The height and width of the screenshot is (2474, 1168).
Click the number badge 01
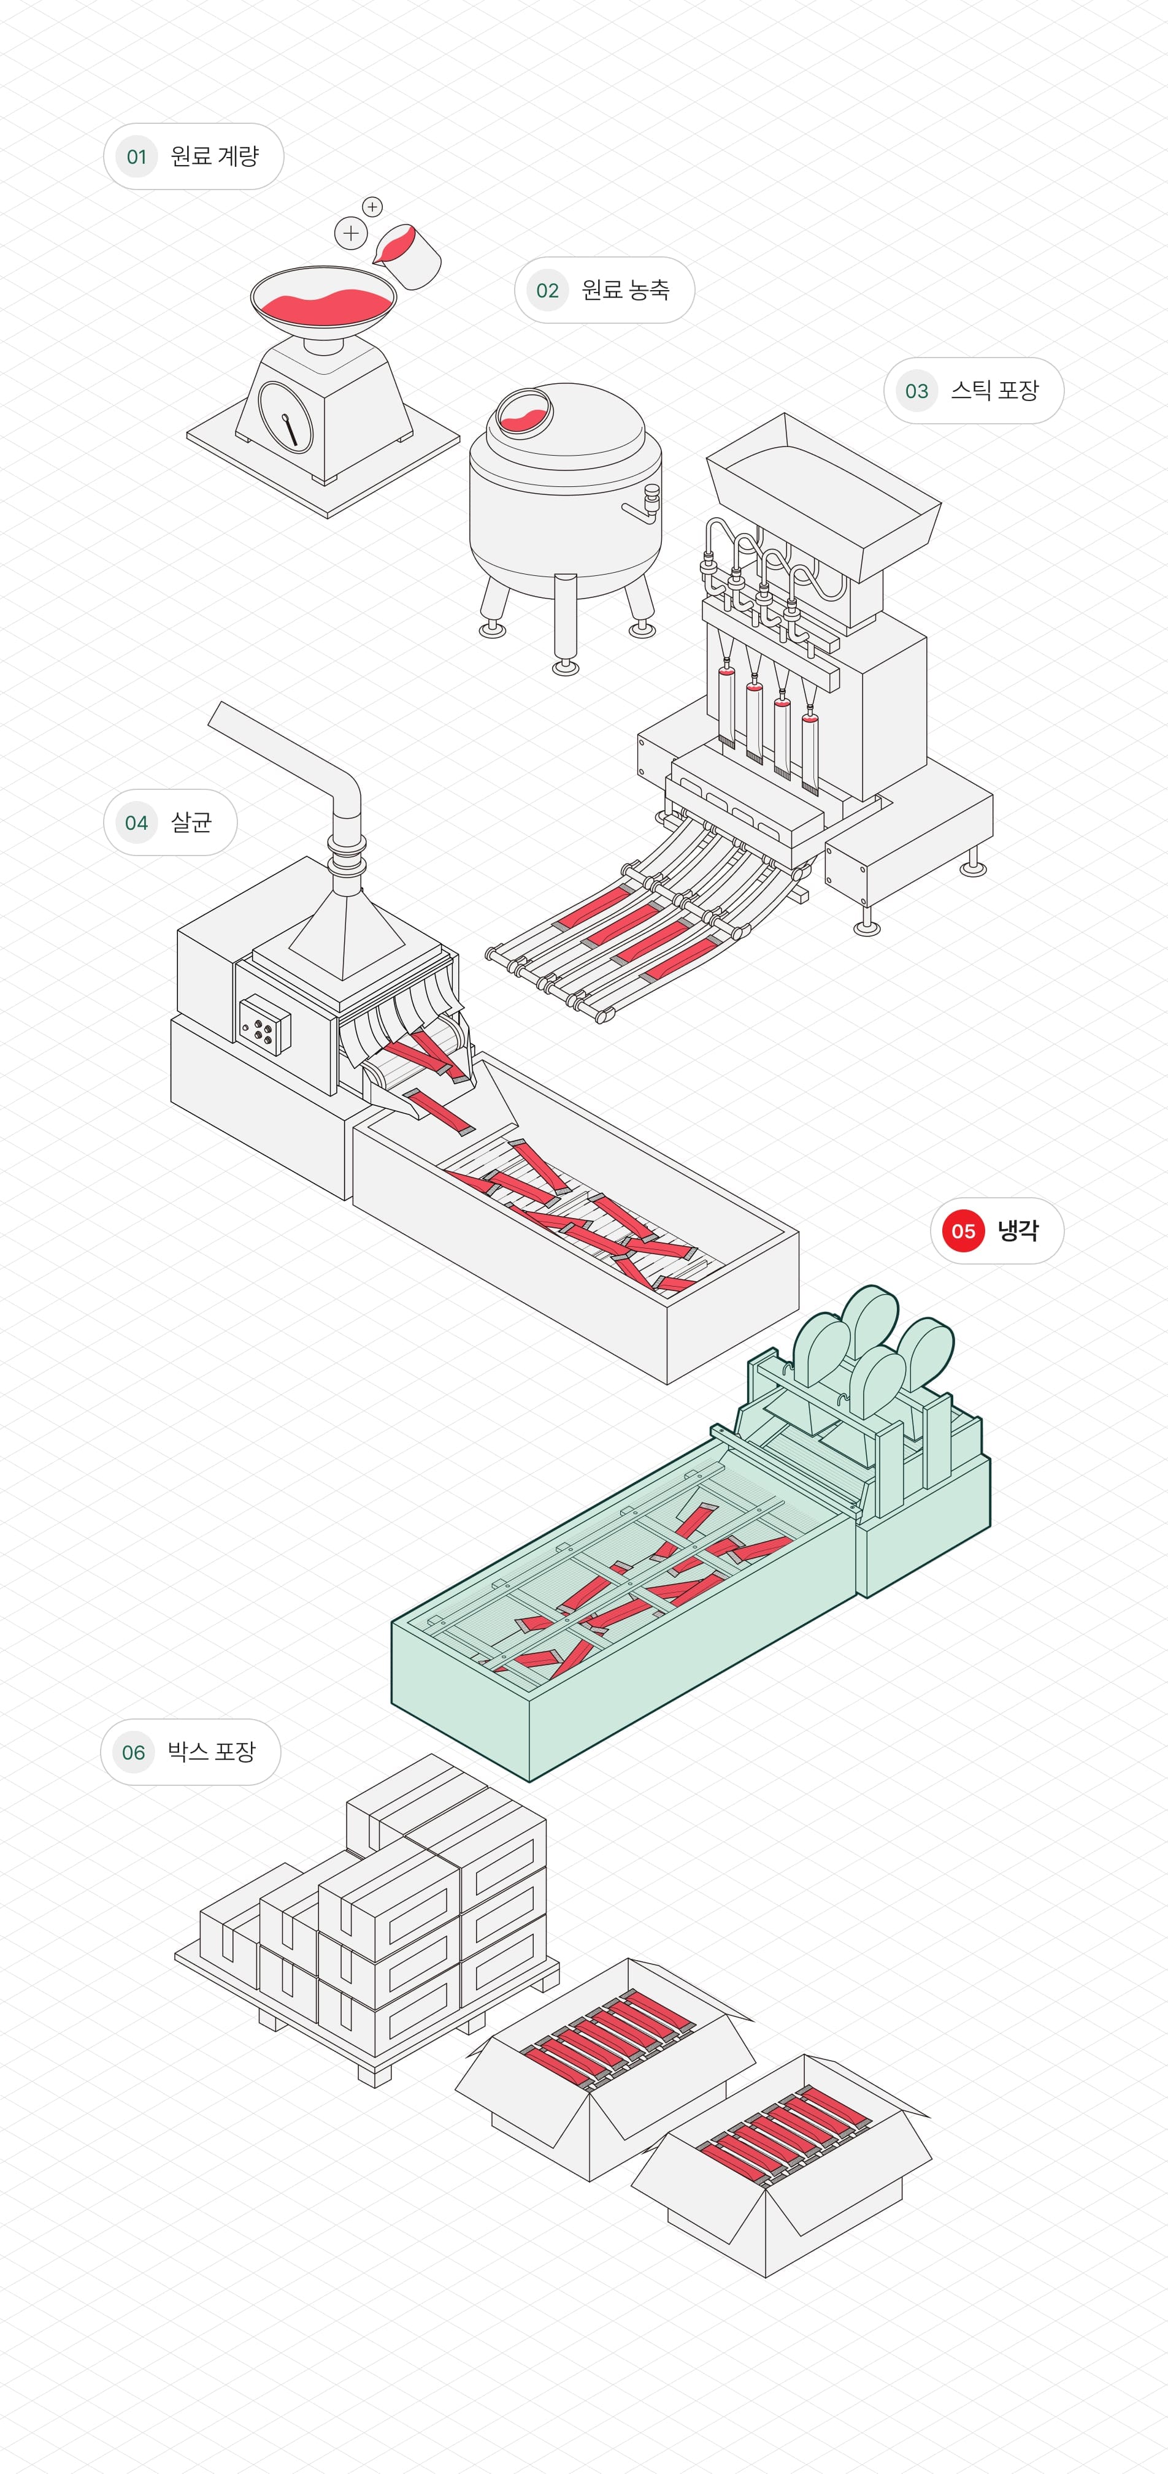tap(136, 156)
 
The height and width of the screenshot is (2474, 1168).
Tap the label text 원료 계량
tap(214, 156)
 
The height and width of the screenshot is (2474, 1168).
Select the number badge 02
tap(547, 290)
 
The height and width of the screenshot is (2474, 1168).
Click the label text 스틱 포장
tap(994, 390)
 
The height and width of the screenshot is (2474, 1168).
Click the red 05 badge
tap(963, 1231)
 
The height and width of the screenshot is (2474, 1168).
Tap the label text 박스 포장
tap(211, 1752)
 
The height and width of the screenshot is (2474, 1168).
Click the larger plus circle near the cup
tap(351, 232)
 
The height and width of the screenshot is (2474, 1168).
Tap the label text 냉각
tap(1017, 1230)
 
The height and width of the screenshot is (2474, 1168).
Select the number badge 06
tap(134, 1753)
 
